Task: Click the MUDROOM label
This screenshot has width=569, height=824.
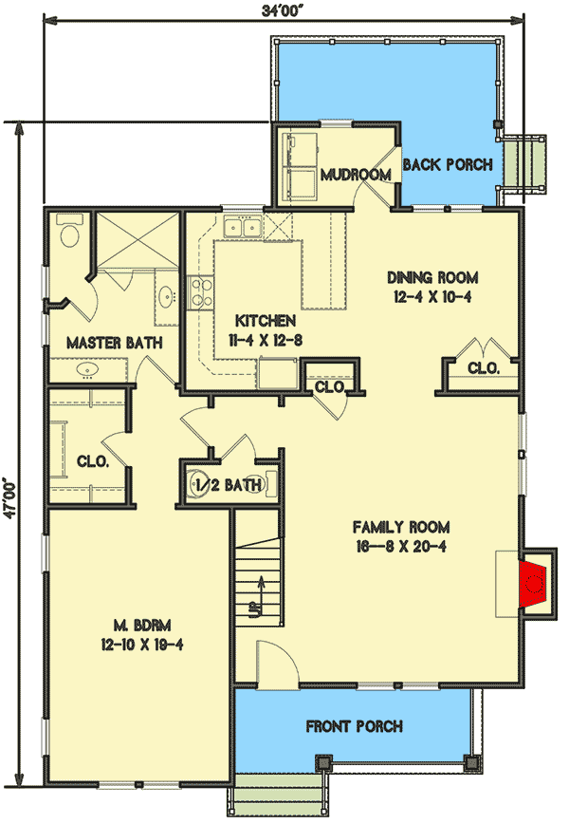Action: pyautogui.click(x=356, y=175)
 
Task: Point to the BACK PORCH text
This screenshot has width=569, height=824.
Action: pyautogui.click(x=448, y=165)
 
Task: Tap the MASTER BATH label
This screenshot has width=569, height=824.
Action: pyautogui.click(x=114, y=342)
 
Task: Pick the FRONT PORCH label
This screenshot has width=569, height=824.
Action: pyautogui.click(x=354, y=727)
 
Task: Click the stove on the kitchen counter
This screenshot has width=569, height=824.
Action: pyautogui.click(x=199, y=292)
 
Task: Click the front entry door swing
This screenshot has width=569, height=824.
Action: pyautogui.click(x=268, y=661)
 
